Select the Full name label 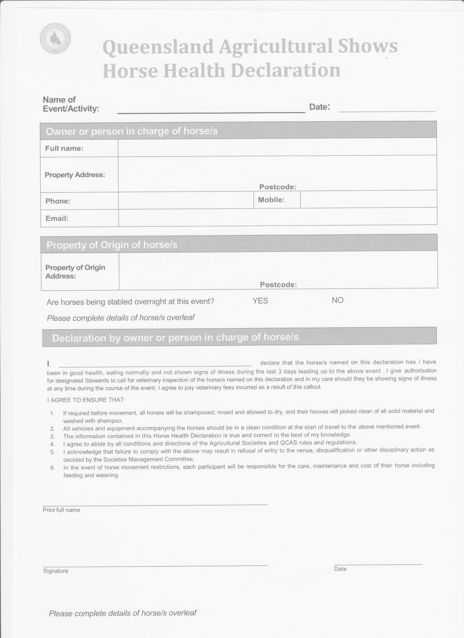64,148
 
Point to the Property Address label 75,175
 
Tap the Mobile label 271,200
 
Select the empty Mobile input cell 368,199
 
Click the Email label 57,218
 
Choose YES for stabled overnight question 260,301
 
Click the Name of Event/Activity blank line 211,108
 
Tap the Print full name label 61,510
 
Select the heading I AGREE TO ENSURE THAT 86,400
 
